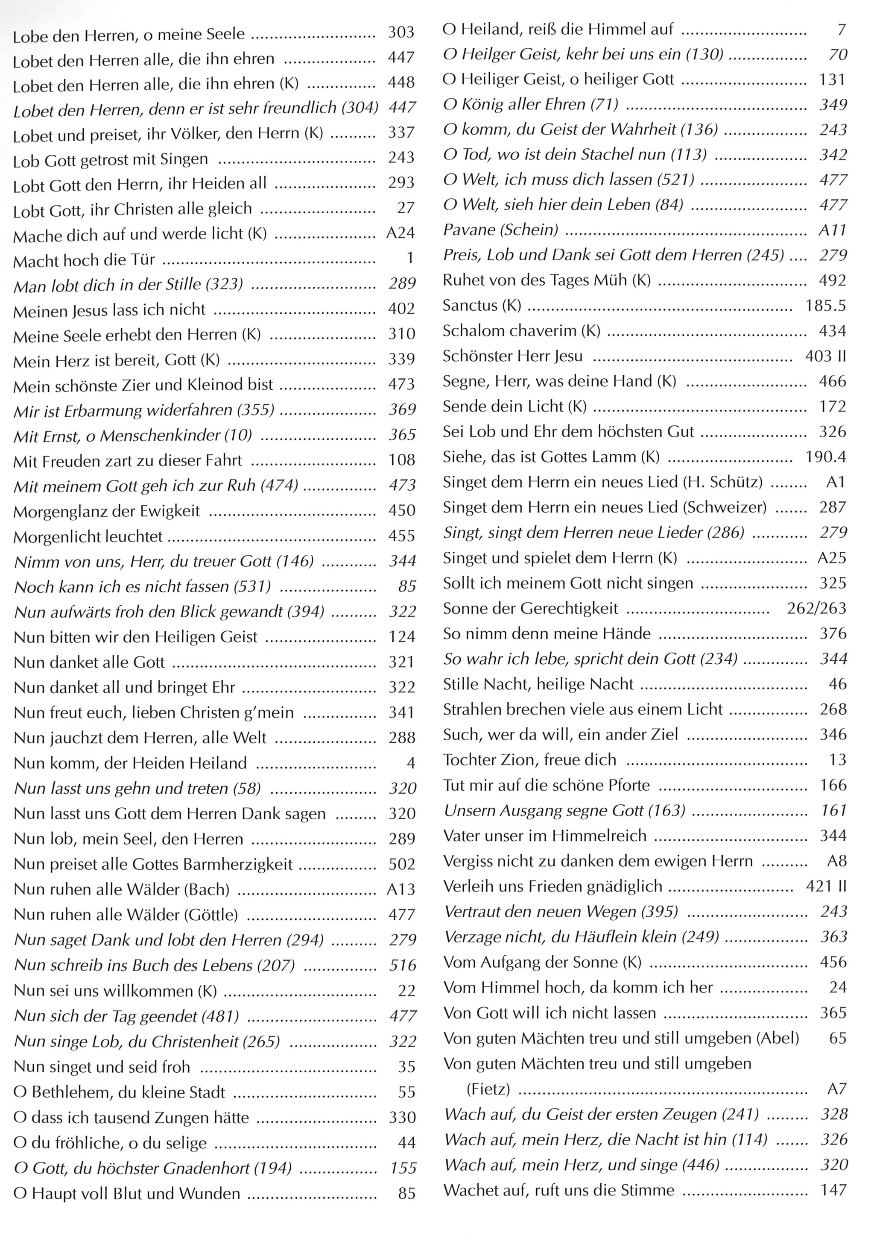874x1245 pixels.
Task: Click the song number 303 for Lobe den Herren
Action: point(401,32)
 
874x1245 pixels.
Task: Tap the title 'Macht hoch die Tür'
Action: point(84,260)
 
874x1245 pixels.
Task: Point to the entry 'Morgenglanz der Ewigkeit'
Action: point(107,511)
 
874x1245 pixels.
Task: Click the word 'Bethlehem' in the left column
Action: point(71,1092)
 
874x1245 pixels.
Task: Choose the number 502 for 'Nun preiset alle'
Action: point(401,864)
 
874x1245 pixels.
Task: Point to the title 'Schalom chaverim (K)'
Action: point(521,331)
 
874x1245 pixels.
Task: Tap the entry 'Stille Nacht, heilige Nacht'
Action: point(538,684)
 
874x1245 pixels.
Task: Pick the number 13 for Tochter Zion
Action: point(837,759)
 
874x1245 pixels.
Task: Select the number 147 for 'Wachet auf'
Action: point(833,1190)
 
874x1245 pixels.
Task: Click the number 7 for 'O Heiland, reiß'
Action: point(841,29)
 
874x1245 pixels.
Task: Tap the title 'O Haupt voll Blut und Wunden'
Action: point(127,1193)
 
